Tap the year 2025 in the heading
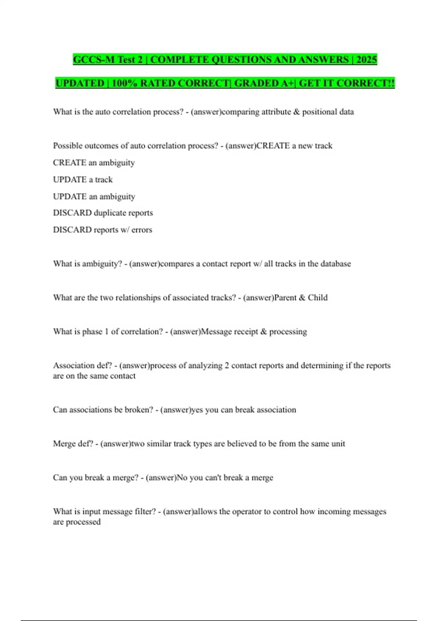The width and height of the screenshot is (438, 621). (x=366, y=60)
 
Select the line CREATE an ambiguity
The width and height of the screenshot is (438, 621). (x=94, y=163)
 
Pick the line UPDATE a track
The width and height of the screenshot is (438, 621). (x=83, y=180)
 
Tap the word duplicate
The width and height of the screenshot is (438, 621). (x=110, y=213)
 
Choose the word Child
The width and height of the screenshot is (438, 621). (x=318, y=298)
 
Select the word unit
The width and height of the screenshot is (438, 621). (x=338, y=444)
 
